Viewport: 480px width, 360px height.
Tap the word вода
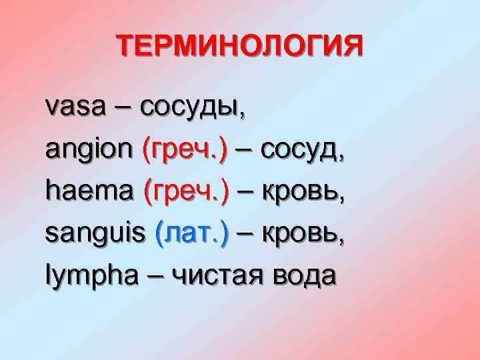click(304, 275)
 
